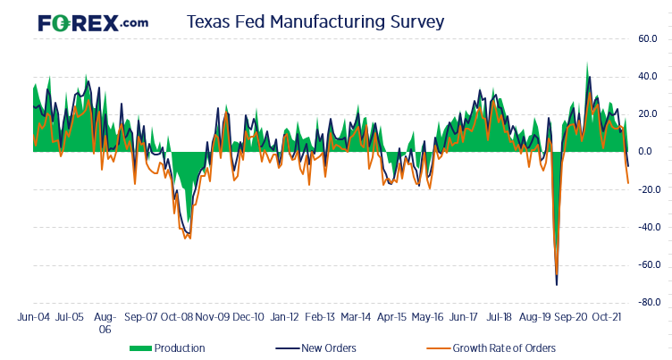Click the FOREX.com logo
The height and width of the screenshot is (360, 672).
(x=93, y=22)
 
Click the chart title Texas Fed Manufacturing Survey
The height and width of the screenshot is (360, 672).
(x=315, y=22)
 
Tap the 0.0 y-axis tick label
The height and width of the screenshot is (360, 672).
(x=651, y=152)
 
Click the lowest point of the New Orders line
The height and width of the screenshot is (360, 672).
(x=557, y=285)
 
